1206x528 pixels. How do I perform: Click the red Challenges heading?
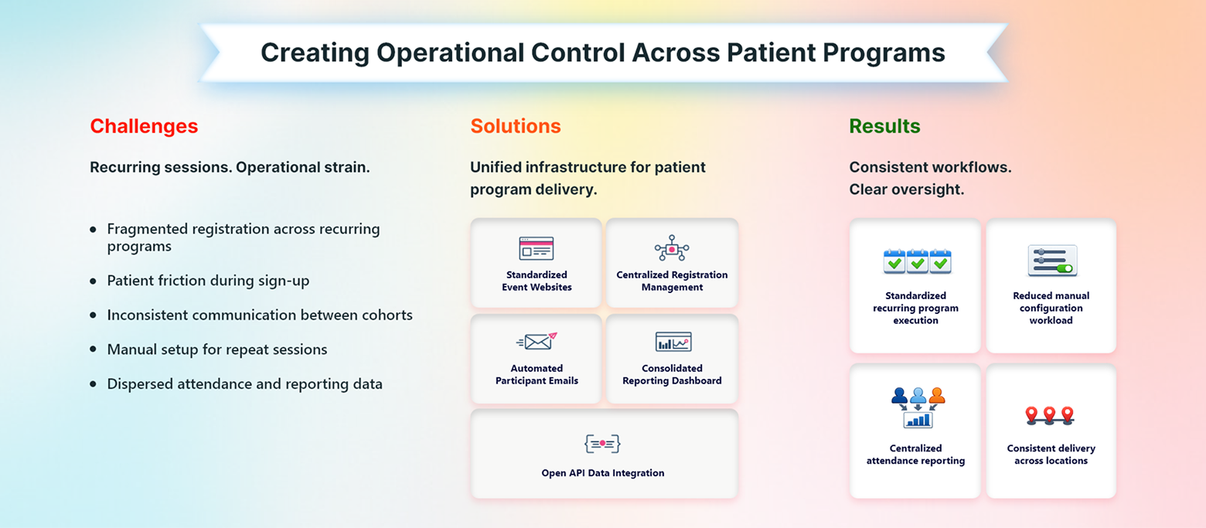(144, 127)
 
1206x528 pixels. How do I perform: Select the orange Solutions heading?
(516, 127)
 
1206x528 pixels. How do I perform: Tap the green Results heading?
(884, 127)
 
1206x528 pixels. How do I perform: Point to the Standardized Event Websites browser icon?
(536, 248)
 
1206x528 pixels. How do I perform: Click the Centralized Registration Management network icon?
(672, 248)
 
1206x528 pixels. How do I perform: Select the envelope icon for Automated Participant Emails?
(536, 342)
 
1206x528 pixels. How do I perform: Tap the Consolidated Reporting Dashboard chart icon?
(673, 342)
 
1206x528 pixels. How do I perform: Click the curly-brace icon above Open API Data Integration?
(603, 443)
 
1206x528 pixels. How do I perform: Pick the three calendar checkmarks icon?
(917, 262)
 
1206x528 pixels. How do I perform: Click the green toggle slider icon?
(1051, 261)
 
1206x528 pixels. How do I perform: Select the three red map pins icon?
(1049, 415)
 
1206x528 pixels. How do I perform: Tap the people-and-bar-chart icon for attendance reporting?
(917, 407)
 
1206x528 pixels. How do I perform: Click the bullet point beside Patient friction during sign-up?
(94, 281)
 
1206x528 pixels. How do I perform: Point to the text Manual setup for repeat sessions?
(217, 349)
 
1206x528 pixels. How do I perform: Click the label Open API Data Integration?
(603, 473)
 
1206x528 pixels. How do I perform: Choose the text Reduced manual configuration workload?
(1051, 308)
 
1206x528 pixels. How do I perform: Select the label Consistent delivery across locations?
(1051, 455)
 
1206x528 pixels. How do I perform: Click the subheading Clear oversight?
(906, 189)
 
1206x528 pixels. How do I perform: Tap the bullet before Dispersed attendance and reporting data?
(94, 384)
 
